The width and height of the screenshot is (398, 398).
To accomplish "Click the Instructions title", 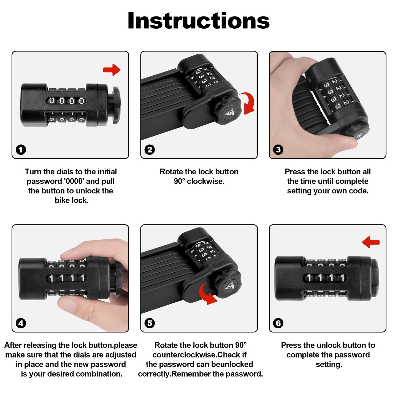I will click(199, 21).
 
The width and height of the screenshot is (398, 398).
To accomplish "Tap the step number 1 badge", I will click(21, 150).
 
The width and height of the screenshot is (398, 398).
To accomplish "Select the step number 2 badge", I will click(150, 150).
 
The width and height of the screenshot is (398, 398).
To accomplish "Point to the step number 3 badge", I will click(278, 150).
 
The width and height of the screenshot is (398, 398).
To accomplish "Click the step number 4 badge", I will click(21, 323).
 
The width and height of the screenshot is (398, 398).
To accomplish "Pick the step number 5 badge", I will click(150, 323).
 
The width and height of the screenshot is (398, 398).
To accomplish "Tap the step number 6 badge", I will click(278, 323).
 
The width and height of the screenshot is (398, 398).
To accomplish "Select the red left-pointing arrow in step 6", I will click(371, 242).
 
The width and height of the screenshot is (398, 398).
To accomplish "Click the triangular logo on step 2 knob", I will click(229, 112).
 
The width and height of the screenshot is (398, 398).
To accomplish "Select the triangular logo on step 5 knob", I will click(229, 286).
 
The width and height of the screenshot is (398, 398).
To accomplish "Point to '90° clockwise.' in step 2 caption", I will click(199, 181).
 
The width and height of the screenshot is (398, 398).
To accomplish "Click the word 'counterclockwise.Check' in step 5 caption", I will click(199, 355).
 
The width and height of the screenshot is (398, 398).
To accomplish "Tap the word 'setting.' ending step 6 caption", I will click(329, 364).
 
